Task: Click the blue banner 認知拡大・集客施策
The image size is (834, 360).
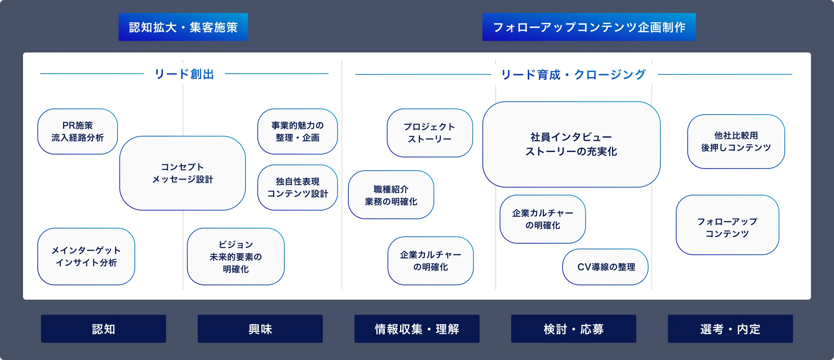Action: coord(183,27)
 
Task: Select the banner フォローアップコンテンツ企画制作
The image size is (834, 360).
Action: coord(589,27)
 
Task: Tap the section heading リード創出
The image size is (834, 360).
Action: coord(184,74)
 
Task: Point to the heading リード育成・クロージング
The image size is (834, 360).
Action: coord(574,75)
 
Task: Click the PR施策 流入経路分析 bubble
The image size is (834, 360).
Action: coord(78,131)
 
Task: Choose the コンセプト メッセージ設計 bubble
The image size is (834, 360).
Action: coord(183,173)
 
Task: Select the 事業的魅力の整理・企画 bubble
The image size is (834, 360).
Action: coord(298,131)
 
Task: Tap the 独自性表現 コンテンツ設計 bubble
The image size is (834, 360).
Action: coord(298,188)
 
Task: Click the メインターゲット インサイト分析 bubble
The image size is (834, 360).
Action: coord(86,257)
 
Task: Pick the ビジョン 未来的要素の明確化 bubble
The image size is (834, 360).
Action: coord(236,257)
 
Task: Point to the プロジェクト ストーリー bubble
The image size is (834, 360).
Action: coord(430,133)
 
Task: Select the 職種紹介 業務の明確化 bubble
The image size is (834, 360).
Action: coord(391,195)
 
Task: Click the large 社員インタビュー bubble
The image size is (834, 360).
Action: coord(572,144)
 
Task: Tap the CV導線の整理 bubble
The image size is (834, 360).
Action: coord(605,267)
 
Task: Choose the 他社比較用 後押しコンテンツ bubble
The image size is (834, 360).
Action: coord(736,142)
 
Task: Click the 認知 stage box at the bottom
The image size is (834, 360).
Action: coord(104,329)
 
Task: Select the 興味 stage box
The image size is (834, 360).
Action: coord(260,329)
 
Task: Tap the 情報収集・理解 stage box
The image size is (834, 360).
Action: coord(417,329)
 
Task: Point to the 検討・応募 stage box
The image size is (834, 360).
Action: coord(574,329)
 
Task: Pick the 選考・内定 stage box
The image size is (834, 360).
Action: coord(730,329)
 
